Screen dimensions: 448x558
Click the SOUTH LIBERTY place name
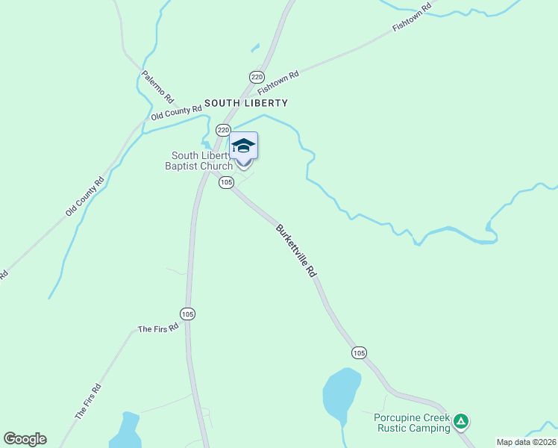coord(245,103)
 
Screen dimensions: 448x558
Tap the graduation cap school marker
coord(243,146)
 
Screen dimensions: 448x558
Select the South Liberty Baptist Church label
coord(199,161)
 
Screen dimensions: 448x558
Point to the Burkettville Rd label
coord(296,251)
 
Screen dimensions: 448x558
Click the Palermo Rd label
coord(158,87)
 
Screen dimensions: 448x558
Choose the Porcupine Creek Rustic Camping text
coord(413,423)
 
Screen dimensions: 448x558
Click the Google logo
coord(25,439)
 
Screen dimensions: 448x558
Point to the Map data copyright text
coord(527,442)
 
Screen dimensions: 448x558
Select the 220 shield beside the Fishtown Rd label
coord(257,77)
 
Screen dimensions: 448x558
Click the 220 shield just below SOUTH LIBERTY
coord(223,130)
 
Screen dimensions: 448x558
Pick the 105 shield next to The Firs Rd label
coord(187,314)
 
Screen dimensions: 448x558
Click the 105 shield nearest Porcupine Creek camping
coord(359,352)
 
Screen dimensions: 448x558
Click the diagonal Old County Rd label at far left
coord(84,196)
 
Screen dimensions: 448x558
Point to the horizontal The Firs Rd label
coord(158,328)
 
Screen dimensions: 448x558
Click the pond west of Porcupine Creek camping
coord(341,393)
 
